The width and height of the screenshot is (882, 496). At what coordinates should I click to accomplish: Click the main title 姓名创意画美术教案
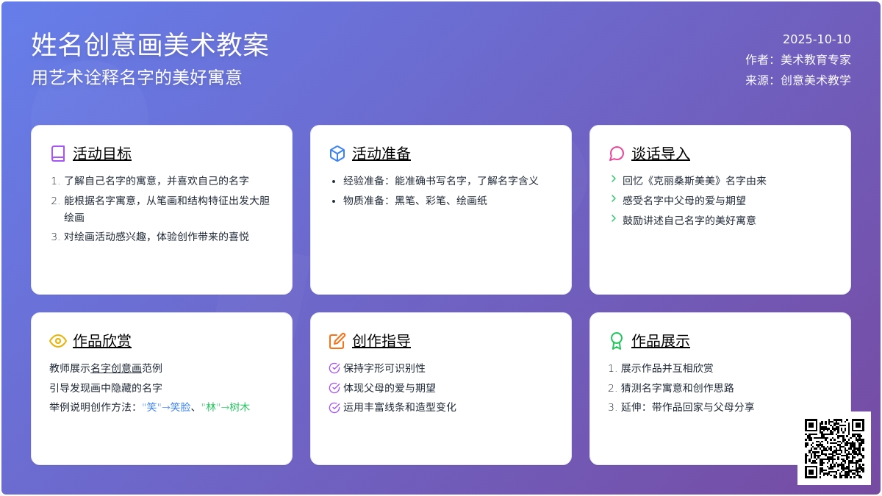pos(150,45)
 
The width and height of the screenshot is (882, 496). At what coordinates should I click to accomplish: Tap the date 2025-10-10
pos(817,40)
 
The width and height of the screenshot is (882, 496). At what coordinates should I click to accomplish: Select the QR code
pos(834,448)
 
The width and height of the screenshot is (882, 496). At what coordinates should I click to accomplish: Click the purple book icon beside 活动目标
pos(58,154)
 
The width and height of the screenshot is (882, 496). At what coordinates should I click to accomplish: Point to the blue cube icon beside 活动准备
pos(337,154)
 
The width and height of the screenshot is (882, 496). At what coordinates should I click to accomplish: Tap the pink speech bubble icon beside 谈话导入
pos(617,154)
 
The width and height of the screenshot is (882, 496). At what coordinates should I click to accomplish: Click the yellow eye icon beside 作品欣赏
pos(58,341)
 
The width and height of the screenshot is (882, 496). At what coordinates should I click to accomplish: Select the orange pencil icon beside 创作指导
pos(337,341)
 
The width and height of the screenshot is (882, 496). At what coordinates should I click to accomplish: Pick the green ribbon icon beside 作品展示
pos(617,341)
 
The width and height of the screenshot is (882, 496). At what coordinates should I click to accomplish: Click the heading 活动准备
pos(381,154)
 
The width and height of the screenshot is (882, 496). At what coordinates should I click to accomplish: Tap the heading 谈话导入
pos(661,154)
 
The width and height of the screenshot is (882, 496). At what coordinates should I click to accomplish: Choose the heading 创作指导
pos(381,341)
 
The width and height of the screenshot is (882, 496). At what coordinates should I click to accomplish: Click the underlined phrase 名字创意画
pos(116,368)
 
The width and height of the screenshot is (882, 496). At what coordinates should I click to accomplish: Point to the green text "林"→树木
pos(226,407)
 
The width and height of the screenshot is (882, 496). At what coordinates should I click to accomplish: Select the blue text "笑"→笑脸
pos(166,407)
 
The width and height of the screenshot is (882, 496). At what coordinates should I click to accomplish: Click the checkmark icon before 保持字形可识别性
pos(334,368)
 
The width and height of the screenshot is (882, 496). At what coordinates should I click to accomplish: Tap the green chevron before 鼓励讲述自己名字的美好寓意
pos(614,218)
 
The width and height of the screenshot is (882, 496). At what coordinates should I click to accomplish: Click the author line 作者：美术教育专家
pos(797,60)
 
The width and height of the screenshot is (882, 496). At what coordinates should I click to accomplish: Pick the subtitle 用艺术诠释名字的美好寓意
pos(137,77)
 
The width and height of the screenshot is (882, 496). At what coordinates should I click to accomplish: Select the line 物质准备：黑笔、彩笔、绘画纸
pos(415,201)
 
